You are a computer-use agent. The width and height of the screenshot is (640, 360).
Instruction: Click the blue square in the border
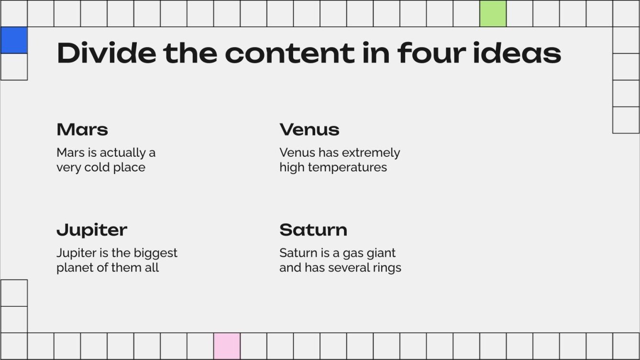pyautogui.click(x=13, y=40)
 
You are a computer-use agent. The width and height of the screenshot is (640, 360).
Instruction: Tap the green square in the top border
pyautogui.click(x=493, y=13)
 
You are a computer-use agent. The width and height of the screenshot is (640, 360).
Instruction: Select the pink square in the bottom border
pyautogui.click(x=227, y=346)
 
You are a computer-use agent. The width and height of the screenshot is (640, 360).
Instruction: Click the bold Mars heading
pyautogui.click(x=82, y=130)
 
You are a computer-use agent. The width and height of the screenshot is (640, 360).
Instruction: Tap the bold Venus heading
pyautogui.click(x=309, y=130)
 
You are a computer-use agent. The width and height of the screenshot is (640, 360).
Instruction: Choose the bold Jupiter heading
pyautogui.click(x=92, y=230)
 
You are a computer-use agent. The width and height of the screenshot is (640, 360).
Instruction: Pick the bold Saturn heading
pyautogui.click(x=313, y=230)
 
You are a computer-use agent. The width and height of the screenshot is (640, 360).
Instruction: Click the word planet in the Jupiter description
pyautogui.click(x=72, y=268)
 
